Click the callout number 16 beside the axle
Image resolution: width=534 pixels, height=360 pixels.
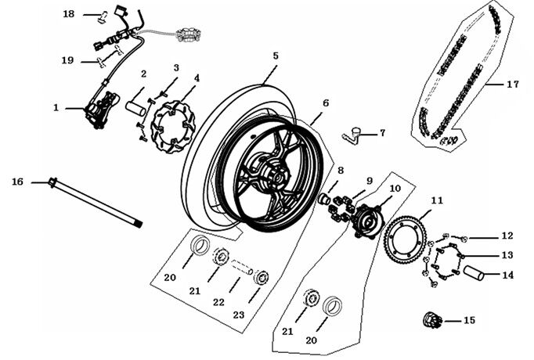click(x=17, y=182)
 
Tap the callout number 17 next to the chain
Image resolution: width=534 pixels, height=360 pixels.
click(x=513, y=84)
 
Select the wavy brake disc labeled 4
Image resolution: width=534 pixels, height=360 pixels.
click(x=173, y=124)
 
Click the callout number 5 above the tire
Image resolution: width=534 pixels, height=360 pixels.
click(x=276, y=56)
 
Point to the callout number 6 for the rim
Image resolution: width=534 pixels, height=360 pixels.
click(x=325, y=103)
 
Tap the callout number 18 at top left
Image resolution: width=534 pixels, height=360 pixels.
click(x=69, y=14)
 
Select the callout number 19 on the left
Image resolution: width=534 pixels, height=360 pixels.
click(x=69, y=60)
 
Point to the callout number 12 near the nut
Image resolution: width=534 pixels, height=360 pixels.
click(x=507, y=236)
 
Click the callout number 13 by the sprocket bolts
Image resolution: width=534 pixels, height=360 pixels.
click(x=507, y=255)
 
